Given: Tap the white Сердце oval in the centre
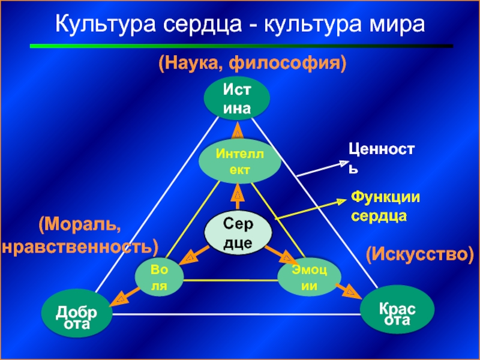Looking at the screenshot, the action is point(239,233).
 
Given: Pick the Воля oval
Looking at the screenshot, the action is point(159,277).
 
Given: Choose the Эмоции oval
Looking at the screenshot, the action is point(309,277).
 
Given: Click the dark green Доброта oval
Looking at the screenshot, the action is point(77,317).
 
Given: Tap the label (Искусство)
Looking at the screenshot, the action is point(419,254).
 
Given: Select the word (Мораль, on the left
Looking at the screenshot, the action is point(80,224).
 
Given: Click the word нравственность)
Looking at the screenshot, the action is point(80,246).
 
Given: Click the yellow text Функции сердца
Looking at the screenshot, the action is point(385,206).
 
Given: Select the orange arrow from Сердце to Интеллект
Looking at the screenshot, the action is point(238,198).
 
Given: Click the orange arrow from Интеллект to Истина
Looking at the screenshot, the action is point(238,130).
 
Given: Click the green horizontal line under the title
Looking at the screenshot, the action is point(240,46).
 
